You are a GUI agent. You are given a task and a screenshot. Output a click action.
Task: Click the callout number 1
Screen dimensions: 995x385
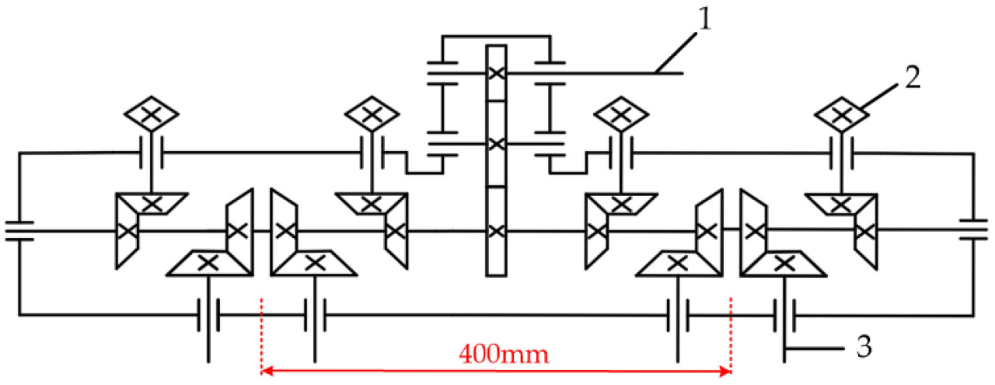pyautogui.click(x=705, y=20)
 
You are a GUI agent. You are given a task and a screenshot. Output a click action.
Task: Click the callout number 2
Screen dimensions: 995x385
pyautogui.click(x=913, y=77)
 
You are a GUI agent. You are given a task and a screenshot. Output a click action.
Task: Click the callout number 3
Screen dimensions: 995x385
pyautogui.click(x=864, y=347)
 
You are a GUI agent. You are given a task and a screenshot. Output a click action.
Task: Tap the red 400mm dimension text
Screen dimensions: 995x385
pyautogui.click(x=504, y=355)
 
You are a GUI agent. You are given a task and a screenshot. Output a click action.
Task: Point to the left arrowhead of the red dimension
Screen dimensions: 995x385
pyautogui.click(x=267, y=370)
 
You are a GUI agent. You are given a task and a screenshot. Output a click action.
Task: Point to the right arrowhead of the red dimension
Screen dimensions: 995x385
pyautogui.click(x=725, y=370)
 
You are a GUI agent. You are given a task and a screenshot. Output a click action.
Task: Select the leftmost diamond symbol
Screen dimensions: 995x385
pyautogui.click(x=152, y=114)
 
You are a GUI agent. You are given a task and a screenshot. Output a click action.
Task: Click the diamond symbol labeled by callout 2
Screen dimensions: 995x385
pyautogui.click(x=841, y=114)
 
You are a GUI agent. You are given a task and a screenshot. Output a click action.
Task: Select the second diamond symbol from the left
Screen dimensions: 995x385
pyautogui.click(x=372, y=114)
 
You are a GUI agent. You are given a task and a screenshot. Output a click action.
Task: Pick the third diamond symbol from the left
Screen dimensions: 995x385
pyautogui.click(x=621, y=114)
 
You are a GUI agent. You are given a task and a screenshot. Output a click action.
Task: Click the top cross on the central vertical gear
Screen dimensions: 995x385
pyautogui.click(x=496, y=73)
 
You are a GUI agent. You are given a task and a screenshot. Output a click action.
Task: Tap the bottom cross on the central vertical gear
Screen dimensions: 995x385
pyautogui.click(x=496, y=231)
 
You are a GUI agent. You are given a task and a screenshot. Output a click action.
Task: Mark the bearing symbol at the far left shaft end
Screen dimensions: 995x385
pyautogui.click(x=19, y=231)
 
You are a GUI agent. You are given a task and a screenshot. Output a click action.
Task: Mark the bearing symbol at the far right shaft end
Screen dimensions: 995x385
pyautogui.click(x=973, y=229)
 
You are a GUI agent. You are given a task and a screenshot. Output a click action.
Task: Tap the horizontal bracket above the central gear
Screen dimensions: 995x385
pyautogui.click(x=496, y=36)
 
